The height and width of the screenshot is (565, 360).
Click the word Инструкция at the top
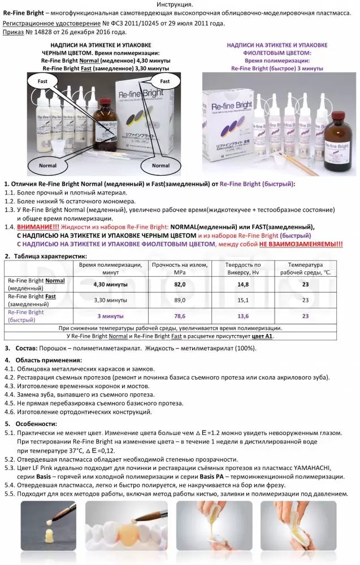tap(180, 5)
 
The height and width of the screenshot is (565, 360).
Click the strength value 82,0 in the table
tap(180, 284)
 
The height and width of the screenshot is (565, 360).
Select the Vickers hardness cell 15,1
tap(243, 300)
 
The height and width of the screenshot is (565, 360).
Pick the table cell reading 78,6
tap(180, 316)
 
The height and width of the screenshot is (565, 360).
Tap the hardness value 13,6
tap(243, 316)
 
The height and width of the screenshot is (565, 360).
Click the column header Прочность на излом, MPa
tap(180, 268)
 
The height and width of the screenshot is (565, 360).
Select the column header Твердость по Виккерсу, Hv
tap(243, 268)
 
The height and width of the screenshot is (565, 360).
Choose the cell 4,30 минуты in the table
tap(110, 284)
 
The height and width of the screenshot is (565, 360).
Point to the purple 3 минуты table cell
tap(110, 316)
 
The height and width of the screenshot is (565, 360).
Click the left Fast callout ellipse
tap(42, 81)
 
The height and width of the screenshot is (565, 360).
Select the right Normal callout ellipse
tap(161, 166)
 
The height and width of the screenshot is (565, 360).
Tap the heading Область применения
tap(48, 360)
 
